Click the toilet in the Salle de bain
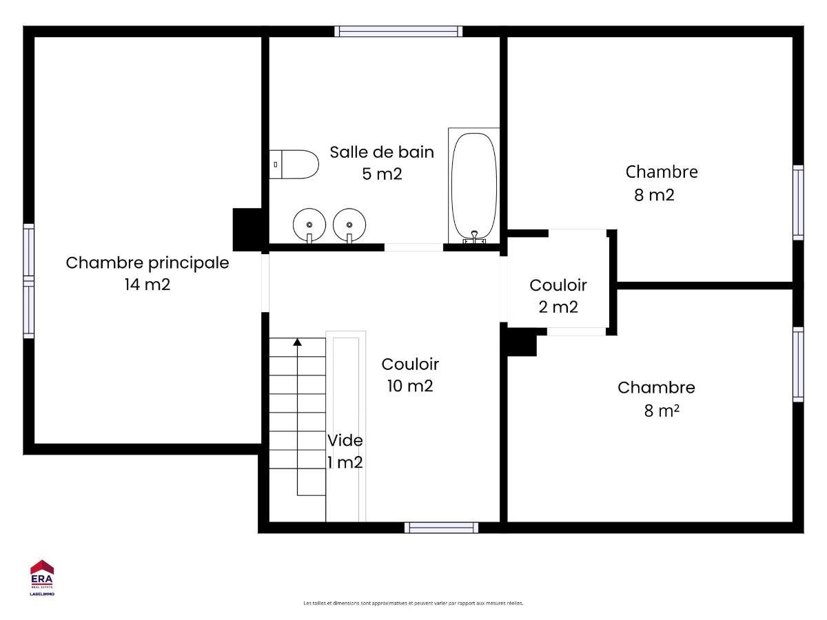294,165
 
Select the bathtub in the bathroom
474,186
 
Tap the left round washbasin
309,225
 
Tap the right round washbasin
349,225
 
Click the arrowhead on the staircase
297,342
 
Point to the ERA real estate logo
42,578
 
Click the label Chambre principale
147,263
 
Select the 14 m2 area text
147,285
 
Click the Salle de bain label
382,152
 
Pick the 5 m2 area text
382,174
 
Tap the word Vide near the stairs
345,440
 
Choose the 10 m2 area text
410,386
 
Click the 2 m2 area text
558,307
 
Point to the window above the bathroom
398,31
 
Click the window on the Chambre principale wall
29,281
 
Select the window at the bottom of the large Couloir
441,528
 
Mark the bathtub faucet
474,237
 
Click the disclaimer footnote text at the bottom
413,603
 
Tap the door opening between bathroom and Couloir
413,247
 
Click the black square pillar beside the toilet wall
247,229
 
